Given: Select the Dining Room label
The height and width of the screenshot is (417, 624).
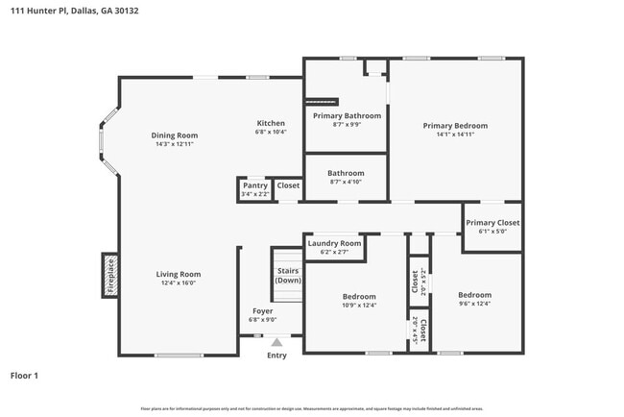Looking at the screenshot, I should coord(174,135).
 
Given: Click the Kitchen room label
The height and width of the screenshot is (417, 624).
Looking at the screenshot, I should coord(270,123).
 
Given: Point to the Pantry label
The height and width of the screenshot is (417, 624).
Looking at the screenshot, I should coord(254,185).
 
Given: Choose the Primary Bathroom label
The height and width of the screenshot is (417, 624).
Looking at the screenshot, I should coord(348,115).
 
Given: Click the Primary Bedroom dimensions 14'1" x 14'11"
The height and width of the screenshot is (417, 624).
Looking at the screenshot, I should coord(456,135).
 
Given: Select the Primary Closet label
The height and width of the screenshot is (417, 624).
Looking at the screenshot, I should coord(492,223).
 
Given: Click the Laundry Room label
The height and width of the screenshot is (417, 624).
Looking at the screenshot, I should coord(334,244).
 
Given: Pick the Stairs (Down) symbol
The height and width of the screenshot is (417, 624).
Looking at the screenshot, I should coord(287,276).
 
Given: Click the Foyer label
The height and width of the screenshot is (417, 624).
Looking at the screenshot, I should coord(263,310).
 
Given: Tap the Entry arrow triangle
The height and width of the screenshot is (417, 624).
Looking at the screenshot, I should coord(276,342).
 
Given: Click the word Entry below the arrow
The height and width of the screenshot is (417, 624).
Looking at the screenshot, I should coord(276,356).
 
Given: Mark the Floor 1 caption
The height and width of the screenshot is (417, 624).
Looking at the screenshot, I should coord(24,375).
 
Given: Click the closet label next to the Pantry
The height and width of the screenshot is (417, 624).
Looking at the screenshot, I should coord(288,185).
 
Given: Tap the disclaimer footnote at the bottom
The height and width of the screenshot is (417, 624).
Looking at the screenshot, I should coord(312,408).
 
